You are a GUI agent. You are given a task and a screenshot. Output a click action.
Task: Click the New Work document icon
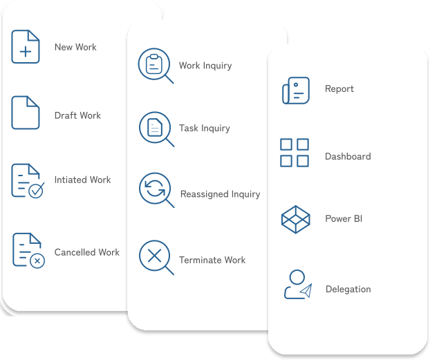tap(26, 47)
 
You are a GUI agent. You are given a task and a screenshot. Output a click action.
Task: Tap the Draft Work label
tap(77, 115)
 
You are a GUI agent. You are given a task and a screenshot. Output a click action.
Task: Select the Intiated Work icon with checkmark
tap(27, 180)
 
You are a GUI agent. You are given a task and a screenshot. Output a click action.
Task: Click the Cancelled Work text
tap(87, 252)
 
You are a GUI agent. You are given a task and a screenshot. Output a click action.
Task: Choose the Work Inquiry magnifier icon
tap(155, 66)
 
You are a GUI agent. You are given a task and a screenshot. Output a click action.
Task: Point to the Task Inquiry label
tap(205, 128)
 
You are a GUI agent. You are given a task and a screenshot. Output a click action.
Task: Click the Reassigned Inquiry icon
tap(156, 190)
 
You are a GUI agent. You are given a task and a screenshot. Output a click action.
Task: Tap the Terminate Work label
tap(212, 260)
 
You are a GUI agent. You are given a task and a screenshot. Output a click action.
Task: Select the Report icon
tap(296, 90)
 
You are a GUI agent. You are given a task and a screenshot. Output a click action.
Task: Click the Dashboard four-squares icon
tap(295, 153)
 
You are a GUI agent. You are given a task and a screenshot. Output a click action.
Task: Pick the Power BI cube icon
tap(296, 220)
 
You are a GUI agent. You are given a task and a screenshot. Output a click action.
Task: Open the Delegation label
tap(348, 289)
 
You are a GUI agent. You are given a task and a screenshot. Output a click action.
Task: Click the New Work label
tap(75, 47)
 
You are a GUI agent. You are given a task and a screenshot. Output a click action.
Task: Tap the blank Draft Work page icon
tap(26, 113)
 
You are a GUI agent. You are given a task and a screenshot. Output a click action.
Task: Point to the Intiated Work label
tap(82, 180)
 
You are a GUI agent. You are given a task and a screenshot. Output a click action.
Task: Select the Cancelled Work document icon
tap(28, 250)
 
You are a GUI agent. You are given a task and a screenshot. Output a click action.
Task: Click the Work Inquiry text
tap(205, 66)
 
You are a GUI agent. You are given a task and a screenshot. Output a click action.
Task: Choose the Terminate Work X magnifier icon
tap(156, 257)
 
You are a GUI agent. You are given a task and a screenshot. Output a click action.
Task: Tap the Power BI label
tap(344, 219)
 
